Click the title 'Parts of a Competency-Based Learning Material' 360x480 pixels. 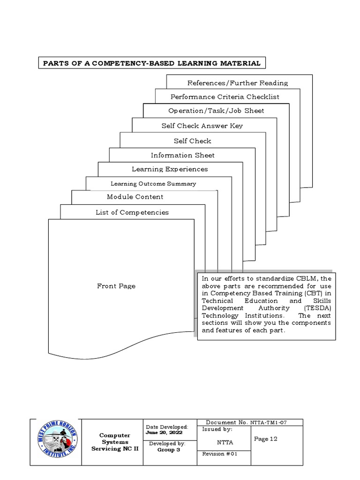point(151,63)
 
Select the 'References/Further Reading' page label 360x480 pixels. point(238,83)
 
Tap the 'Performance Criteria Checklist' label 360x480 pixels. point(225,97)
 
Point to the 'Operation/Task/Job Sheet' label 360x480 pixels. point(216,111)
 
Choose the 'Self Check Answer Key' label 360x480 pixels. point(202,126)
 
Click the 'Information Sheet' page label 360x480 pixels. point(183,155)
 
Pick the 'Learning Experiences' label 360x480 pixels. point(170,169)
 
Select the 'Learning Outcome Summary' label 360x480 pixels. point(153,184)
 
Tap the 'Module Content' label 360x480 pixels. point(135,197)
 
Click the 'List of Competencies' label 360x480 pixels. point(132,212)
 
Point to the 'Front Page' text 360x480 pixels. point(116,286)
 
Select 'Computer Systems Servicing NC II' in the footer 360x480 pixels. point(114,442)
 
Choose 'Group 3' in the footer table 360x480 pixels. point(167,450)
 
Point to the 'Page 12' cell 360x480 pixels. point(265,439)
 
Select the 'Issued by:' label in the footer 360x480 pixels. point(217,429)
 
